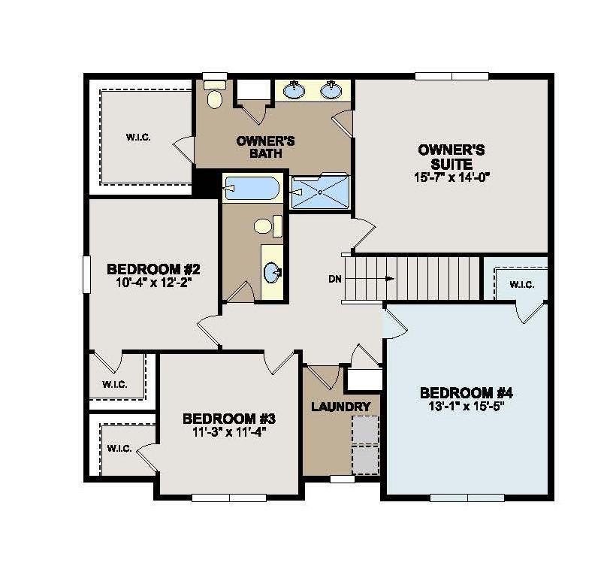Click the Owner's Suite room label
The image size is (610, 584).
pos(451,156)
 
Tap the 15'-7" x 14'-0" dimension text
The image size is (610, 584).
pos(451,177)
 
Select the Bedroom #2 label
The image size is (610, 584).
pos(154,269)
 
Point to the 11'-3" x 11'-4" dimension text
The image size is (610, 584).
pos(230,432)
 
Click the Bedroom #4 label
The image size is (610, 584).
pos(467,393)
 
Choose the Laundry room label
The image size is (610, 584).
pos(341,407)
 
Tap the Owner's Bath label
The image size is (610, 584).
pos(266,147)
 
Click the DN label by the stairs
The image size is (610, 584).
pos(335,279)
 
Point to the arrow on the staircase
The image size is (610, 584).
pos(370,278)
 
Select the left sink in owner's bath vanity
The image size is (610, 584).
pos(294,90)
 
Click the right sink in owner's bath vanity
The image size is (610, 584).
pos(331,90)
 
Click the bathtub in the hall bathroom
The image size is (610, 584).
pos(252,189)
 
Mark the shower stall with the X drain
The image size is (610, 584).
pos(320,192)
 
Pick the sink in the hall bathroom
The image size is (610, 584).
pos(273,272)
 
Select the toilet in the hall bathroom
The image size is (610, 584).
pos(268,225)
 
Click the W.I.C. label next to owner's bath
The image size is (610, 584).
pos(138,138)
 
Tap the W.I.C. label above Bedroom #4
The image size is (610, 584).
pos(521,285)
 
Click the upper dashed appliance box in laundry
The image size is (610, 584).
pos(365,430)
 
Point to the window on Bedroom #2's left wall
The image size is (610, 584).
pos(86,274)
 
